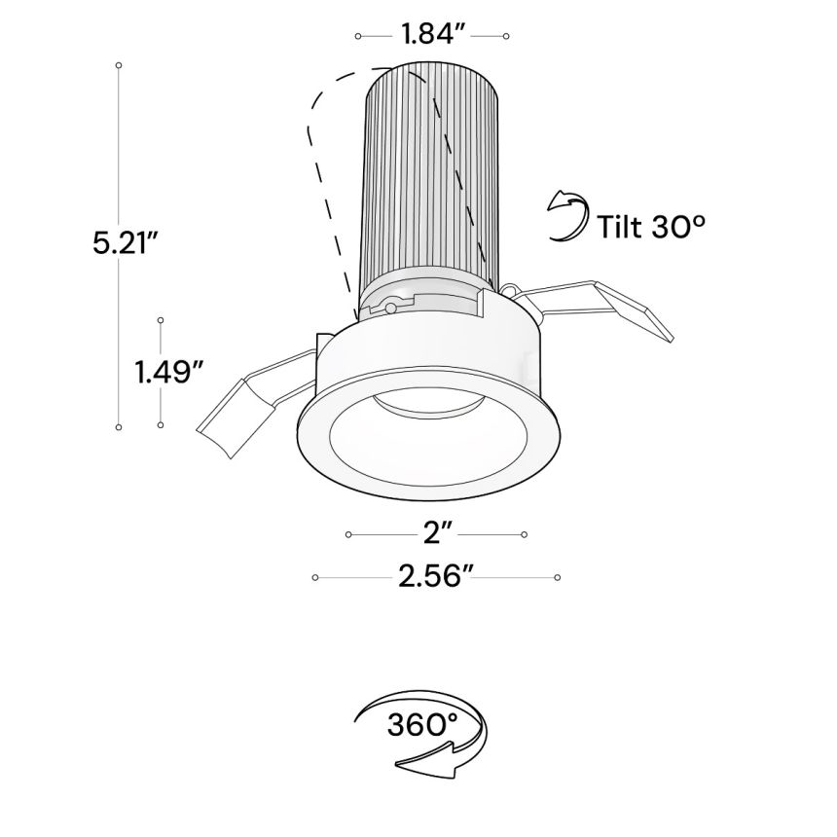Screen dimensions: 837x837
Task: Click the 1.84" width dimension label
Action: coord(431,35)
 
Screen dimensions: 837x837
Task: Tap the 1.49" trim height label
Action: coord(168,371)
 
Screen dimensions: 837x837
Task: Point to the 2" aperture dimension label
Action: coord(435,533)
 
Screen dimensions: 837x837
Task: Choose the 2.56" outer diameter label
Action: coord(435,577)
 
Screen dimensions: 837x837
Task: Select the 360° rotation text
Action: coord(421,725)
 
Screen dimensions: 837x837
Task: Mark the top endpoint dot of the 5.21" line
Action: coord(119,65)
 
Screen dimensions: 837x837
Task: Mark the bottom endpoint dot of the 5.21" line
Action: coord(119,426)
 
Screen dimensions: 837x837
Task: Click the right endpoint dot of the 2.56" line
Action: coord(557,578)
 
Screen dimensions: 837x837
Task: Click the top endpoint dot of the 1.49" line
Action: coord(161,319)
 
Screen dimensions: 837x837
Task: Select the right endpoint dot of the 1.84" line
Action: coord(507,36)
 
